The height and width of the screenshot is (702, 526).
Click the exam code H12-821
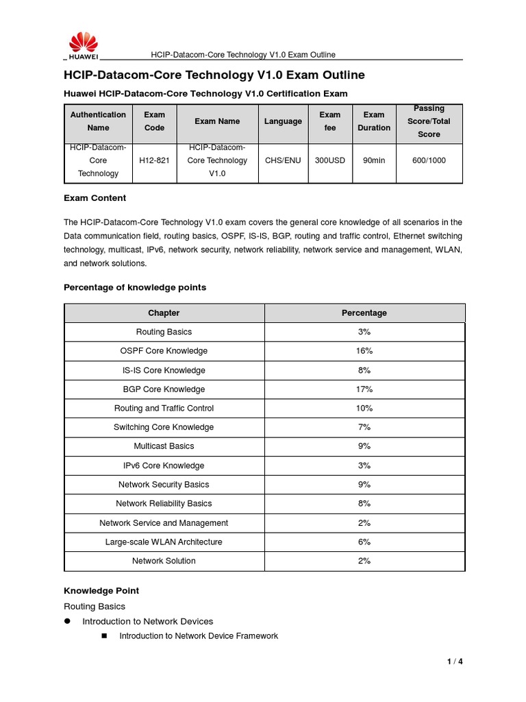pos(154,160)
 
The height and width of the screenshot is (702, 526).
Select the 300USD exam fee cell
pos(329,160)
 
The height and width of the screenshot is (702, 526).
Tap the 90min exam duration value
pos(373,160)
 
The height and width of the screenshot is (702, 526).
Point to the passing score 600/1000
pos(429,160)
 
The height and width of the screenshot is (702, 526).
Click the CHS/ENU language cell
pos(283,160)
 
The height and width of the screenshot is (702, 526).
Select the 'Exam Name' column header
pos(217,121)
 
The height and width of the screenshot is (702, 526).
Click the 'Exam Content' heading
pos(95,198)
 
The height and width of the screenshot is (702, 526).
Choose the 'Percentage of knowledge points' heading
pos(135,287)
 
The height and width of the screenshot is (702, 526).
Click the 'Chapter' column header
pos(164,313)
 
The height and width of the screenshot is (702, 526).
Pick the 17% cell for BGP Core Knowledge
pos(364,389)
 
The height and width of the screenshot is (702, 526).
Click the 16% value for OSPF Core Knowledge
pos(364,351)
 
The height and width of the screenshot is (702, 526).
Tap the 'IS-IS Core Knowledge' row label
pos(164,370)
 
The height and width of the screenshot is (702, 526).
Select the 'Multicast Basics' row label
pos(164,446)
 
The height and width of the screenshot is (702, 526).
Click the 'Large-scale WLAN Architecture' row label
pos(164,542)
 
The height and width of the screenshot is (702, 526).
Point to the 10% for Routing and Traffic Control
pos(364,409)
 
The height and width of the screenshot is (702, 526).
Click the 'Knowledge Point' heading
pos(101,590)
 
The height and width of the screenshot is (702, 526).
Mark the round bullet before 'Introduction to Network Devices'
pos(68,621)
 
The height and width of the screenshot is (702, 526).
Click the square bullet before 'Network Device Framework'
pos(105,636)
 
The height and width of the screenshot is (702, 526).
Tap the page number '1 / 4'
pos(455,662)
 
